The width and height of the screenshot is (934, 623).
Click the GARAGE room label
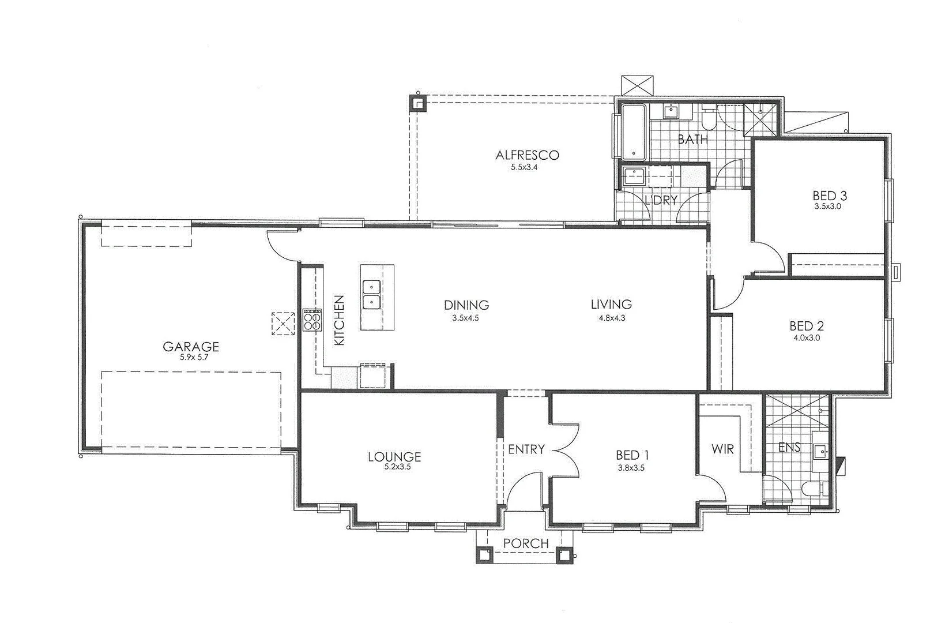(191, 347)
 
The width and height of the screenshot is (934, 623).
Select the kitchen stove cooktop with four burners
(312, 320)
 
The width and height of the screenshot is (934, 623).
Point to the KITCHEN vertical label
(339, 320)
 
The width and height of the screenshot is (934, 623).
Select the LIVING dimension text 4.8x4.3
(611, 317)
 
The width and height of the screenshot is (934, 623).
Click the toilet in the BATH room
(709, 119)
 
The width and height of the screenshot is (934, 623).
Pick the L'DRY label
(660, 200)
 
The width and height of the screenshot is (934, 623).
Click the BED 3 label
(830, 195)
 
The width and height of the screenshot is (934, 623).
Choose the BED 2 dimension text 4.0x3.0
(806, 338)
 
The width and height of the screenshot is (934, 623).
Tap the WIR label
(722, 448)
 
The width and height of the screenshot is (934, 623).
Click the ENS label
(789, 447)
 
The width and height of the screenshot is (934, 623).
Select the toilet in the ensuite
(812, 489)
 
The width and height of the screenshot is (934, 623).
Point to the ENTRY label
(526, 449)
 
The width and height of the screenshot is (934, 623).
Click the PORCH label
(525, 543)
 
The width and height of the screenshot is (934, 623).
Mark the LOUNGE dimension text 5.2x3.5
(397, 467)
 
